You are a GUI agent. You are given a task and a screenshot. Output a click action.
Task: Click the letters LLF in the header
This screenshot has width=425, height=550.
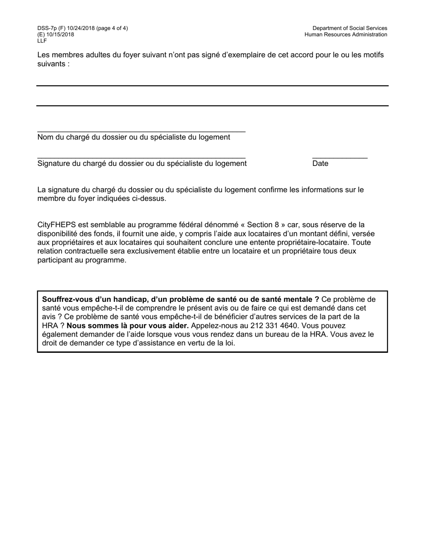click(x=42, y=41)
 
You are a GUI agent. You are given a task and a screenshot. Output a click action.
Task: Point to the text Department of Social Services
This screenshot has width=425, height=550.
click(x=350, y=28)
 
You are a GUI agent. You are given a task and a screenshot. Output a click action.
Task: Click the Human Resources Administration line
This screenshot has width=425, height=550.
click(x=346, y=34)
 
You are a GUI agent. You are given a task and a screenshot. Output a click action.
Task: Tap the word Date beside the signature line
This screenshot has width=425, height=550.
click(x=320, y=164)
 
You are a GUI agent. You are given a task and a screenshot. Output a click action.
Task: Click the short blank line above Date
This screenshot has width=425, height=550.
click(x=340, y=158)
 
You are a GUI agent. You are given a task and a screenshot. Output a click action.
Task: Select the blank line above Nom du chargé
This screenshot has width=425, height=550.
click(x=141, y=132)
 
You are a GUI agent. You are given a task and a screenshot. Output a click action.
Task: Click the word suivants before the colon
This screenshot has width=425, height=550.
click(x=51, y=64)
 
